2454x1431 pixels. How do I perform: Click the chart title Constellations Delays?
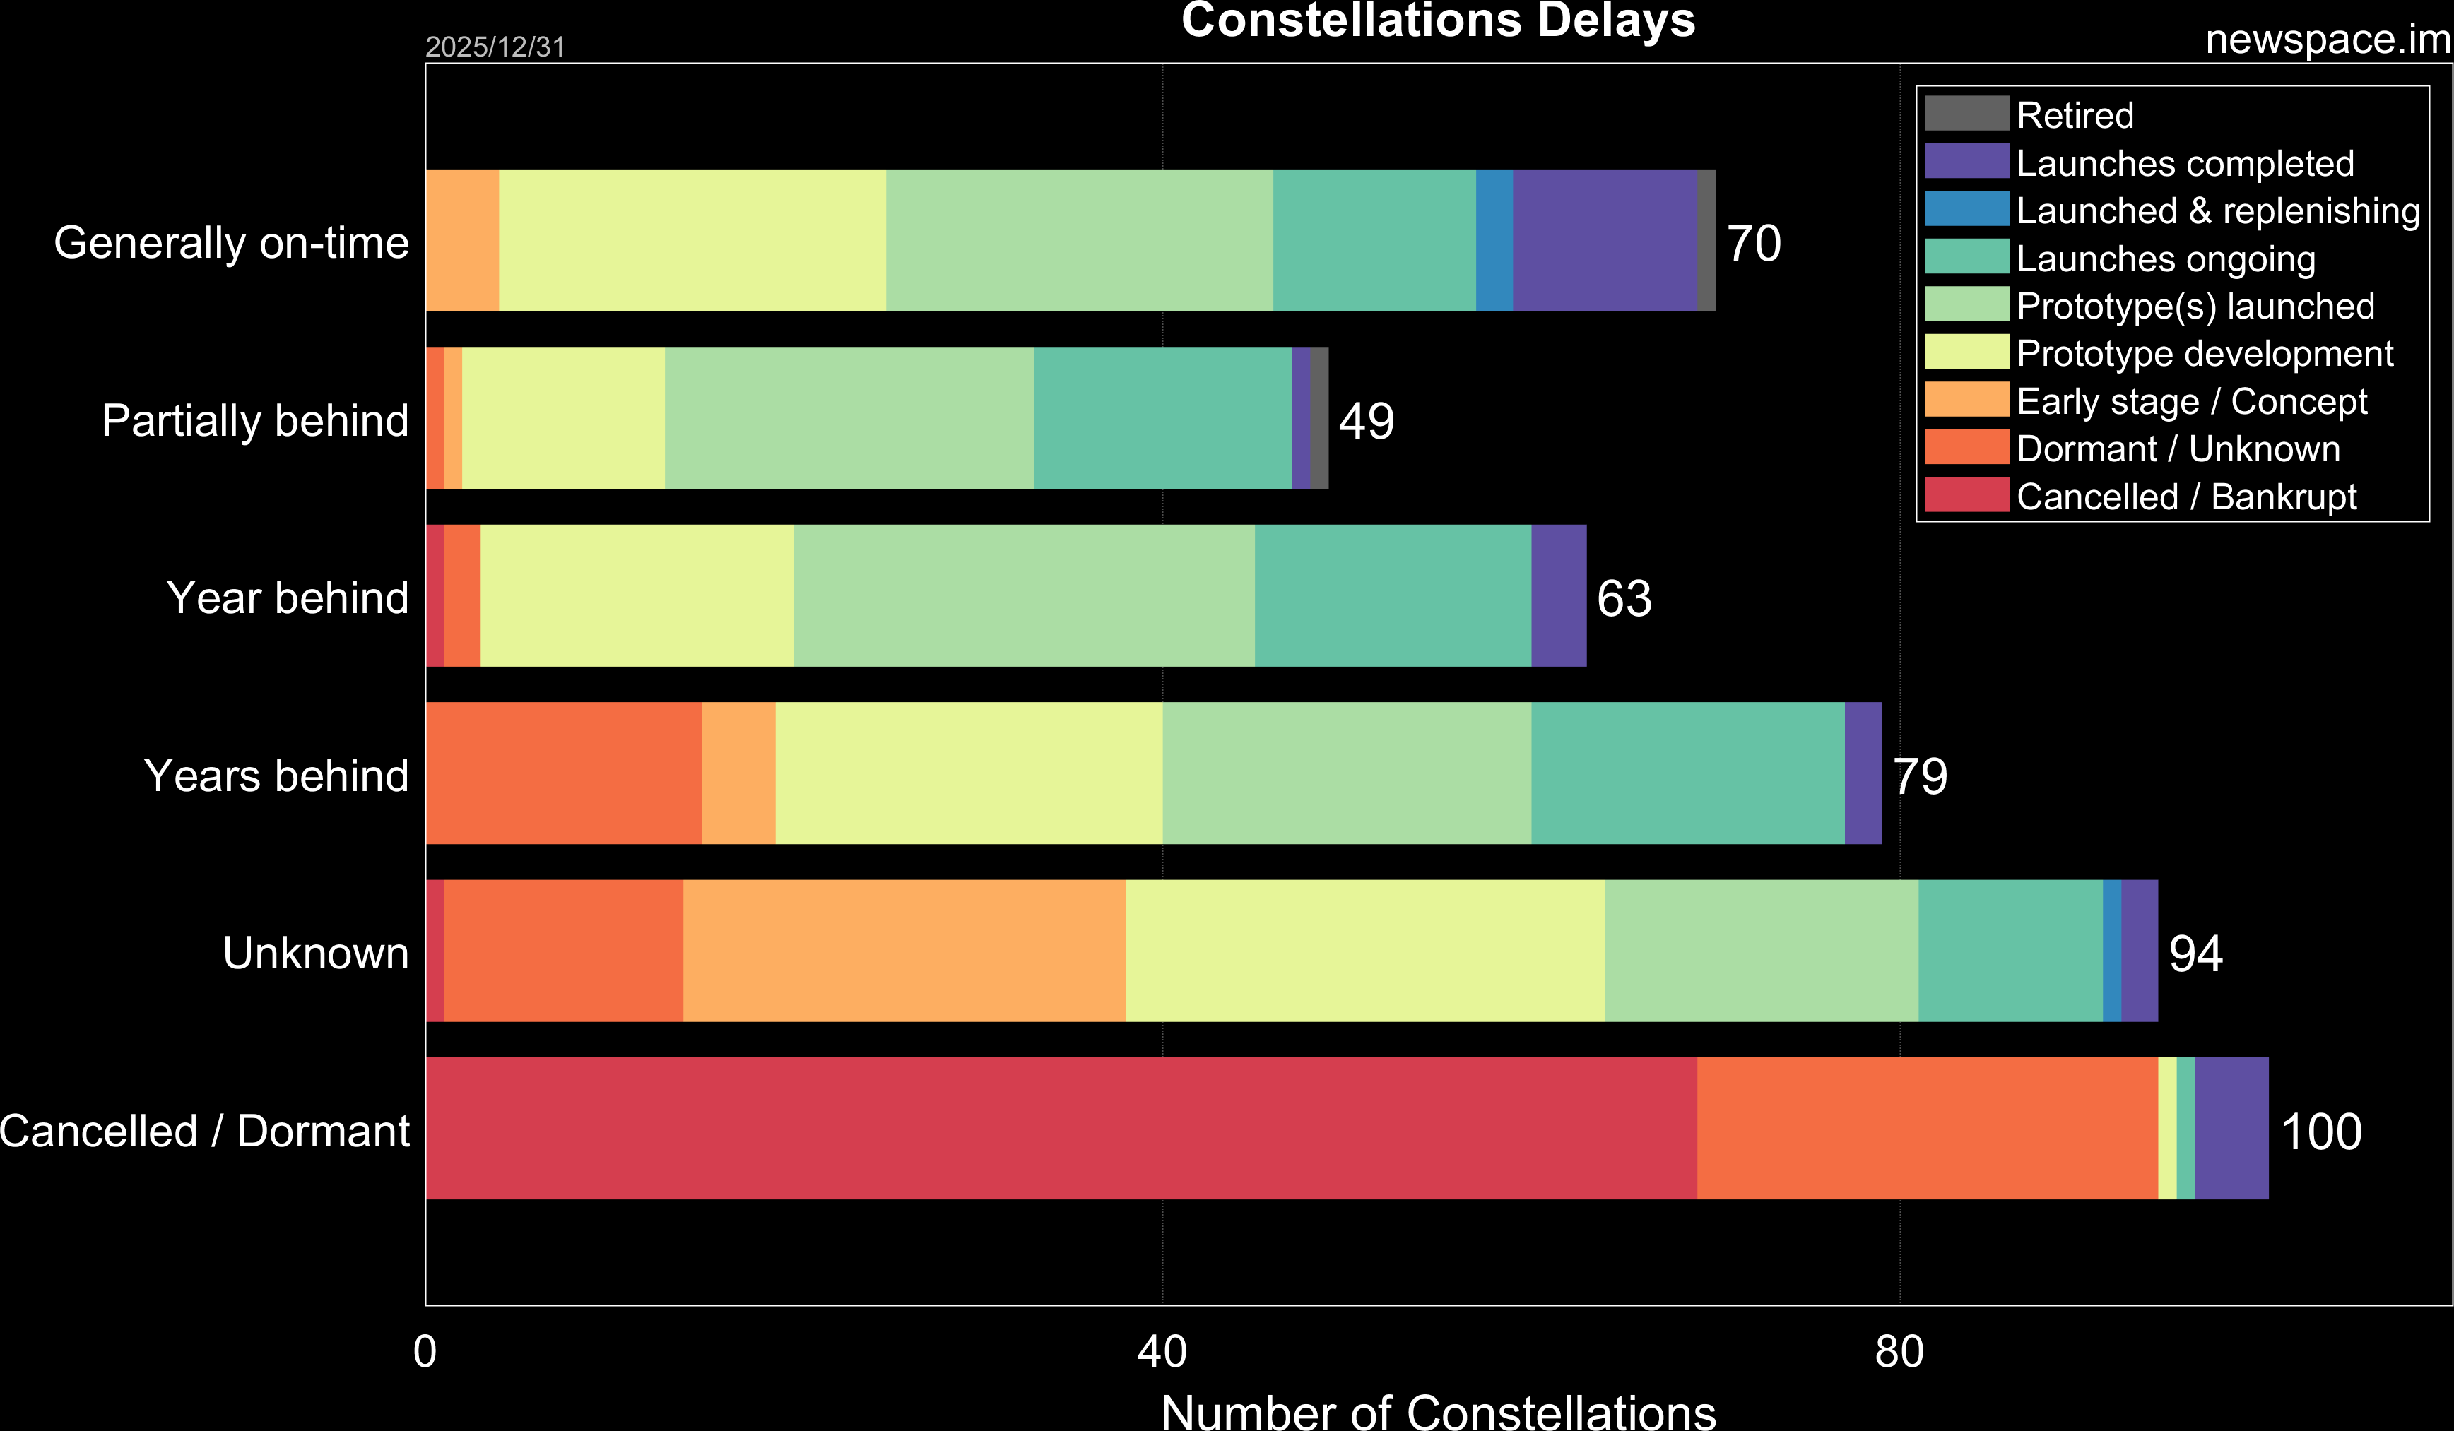1437,21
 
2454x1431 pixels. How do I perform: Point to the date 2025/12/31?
495,47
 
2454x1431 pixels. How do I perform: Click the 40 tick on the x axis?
1162,1352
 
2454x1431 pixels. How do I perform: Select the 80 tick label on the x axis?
1899,1352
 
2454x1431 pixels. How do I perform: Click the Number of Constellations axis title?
1437,1411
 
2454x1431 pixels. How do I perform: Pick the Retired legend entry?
2075,115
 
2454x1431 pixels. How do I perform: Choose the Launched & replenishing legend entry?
2217,210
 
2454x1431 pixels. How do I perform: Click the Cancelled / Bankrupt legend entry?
2186,497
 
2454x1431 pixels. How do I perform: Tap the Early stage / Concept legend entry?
2191,401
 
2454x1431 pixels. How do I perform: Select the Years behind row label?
276,776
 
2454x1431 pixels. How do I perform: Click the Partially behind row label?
255,420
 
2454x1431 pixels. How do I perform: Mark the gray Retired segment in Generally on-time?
1706,240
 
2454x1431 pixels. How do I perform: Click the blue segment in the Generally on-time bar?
1494,240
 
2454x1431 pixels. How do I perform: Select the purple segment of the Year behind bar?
1558,595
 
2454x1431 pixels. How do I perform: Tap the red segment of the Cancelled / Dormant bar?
1061,1128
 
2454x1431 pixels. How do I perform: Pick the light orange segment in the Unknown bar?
904,951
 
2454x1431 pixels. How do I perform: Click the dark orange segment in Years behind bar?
563,773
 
